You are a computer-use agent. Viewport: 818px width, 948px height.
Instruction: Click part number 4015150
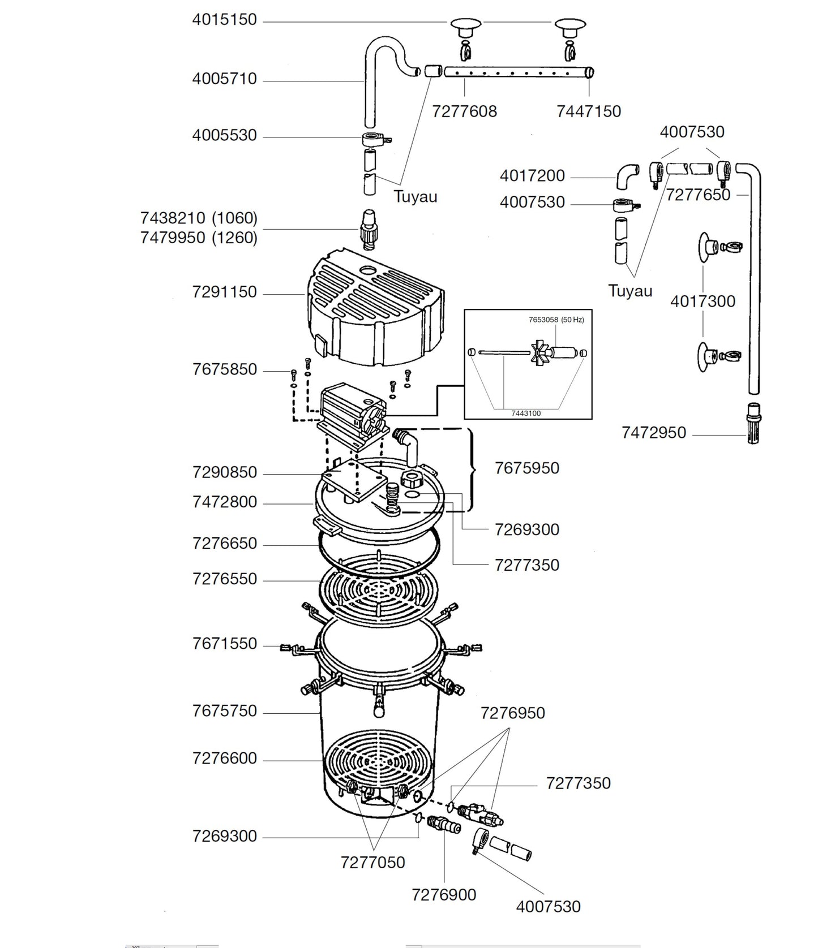224,20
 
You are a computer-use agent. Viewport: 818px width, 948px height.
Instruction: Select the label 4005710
224,79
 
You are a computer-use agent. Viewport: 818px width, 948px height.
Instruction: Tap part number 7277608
464,111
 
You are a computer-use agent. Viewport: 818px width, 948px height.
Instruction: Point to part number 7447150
589,111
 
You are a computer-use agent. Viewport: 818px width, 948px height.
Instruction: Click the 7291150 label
224,292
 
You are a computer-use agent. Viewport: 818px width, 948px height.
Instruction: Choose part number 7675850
224,369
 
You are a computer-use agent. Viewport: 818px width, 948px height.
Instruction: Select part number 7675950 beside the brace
526,468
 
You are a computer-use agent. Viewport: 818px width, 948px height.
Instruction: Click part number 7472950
654,433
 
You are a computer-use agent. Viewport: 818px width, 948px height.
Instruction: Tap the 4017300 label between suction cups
703,301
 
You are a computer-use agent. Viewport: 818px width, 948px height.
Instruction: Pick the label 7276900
444,895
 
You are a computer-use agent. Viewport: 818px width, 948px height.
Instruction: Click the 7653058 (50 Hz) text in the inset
556,320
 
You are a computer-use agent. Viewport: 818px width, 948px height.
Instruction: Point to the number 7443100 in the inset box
526,413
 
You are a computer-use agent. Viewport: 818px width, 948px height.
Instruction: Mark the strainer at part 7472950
753,423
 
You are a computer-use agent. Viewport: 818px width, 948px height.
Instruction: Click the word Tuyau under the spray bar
416,197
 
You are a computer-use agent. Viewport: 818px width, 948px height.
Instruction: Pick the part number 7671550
224,644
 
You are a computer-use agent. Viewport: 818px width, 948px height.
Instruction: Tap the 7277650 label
698,195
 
